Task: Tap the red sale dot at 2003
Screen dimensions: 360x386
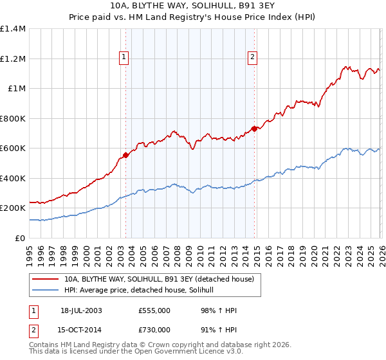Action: [126, 154]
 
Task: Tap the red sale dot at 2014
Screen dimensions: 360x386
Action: [255, 129]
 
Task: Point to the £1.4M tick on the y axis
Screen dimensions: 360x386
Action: [13, 29]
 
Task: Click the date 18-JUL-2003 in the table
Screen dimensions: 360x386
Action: [81, 310]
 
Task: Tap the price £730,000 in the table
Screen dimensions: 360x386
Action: [154, 330]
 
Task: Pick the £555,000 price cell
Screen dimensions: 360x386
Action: [154, 310]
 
